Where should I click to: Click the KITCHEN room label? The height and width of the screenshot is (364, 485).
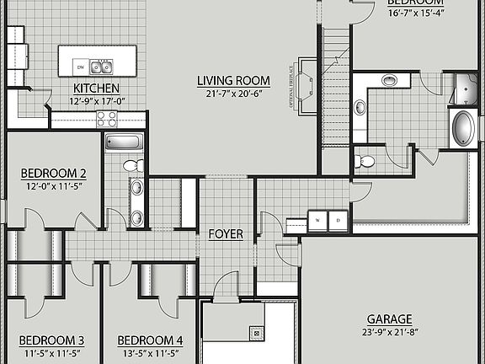(95, 88)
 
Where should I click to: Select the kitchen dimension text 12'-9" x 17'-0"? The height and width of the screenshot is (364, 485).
(95, 100)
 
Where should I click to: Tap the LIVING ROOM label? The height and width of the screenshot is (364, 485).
(232, 81)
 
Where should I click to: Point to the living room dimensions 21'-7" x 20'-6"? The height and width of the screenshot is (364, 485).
(232, 93)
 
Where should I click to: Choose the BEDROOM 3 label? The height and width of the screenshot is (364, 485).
(51, 340)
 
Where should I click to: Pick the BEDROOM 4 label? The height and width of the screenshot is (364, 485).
(150, 340)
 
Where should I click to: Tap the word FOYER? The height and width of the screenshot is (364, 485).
(226, 233)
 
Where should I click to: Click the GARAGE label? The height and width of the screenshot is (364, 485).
(389, 319)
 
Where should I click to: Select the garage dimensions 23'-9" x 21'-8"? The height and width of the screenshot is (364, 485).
(389, 332)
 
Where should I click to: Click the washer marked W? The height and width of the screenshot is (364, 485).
(318, 219)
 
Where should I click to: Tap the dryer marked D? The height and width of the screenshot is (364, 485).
(338, 219)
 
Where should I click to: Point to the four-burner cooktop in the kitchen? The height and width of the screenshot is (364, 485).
(107, 119)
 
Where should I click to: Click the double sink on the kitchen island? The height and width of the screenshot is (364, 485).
(104, 66)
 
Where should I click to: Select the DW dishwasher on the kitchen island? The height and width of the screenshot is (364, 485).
(80, 67)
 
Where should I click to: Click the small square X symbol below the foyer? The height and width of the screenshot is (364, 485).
(255, 333)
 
